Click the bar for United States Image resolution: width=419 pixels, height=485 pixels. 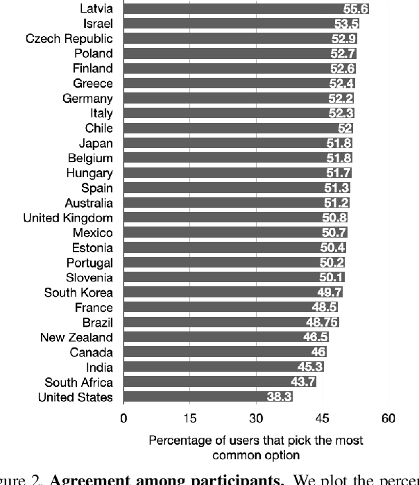pyautogui.click(x=208, y=397)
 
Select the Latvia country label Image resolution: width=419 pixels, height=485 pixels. pyautogui.click(x=94, y=9)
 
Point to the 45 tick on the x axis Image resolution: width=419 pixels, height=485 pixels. pyautogui.click(x=323, y=418)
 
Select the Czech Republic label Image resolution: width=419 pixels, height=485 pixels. pyautogui.click(x=69, y=38)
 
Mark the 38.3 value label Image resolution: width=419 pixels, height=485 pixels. pyautogui.click(x=279, y=397)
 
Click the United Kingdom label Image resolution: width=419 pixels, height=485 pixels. pyautogui.click(x=68, y=218)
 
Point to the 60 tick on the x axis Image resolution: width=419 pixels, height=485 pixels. pyautogui.click(x=388, y=418)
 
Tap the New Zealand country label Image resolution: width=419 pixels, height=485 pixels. pyautogui.click(x=76, y=338)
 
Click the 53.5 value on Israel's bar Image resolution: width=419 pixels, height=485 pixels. pyautogui.click(x=346, y=24)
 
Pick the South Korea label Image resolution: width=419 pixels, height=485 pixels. pyautogui.click(x=78, y=293)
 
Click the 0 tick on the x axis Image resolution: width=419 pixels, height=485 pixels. pyautogui.click(x=123, y=418)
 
